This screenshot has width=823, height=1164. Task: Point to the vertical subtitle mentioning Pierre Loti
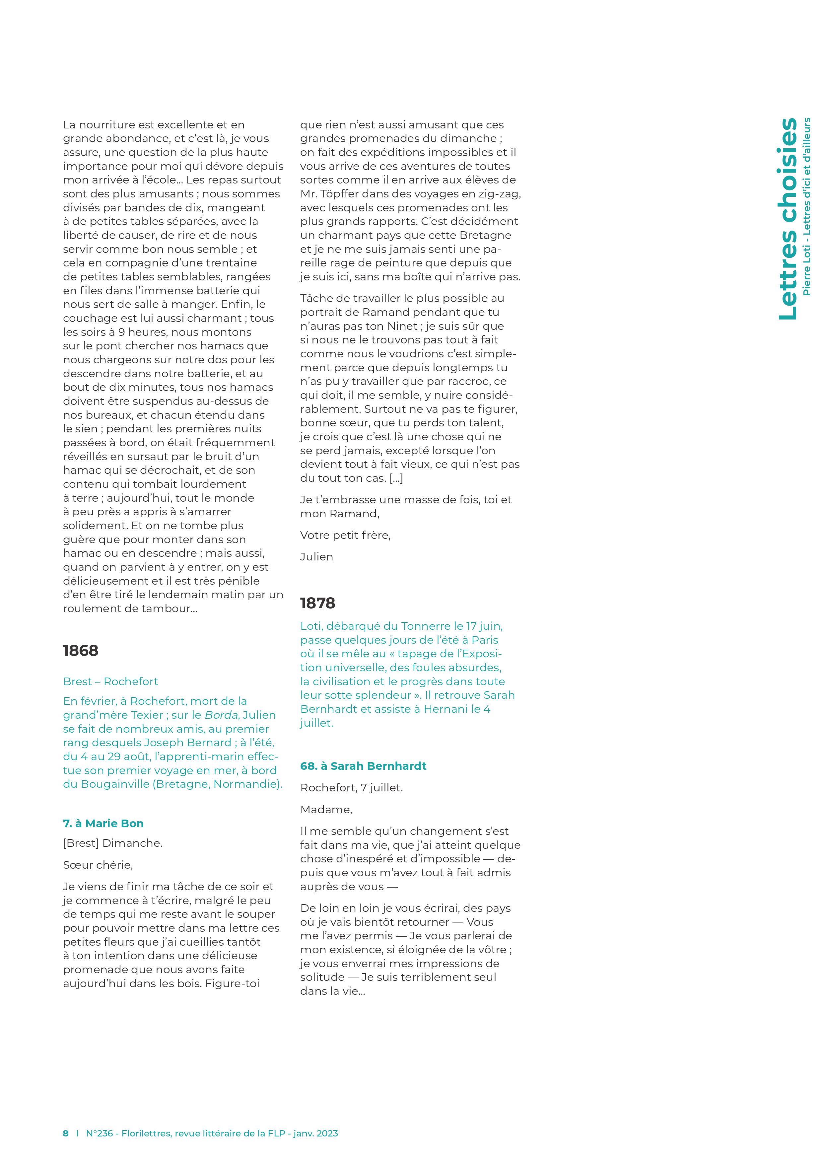coord(807,206)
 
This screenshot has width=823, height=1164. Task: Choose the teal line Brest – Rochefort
coord(110,681)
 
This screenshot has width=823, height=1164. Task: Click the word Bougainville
coord(111,784)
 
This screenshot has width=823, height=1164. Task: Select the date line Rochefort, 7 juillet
coord(351,788)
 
